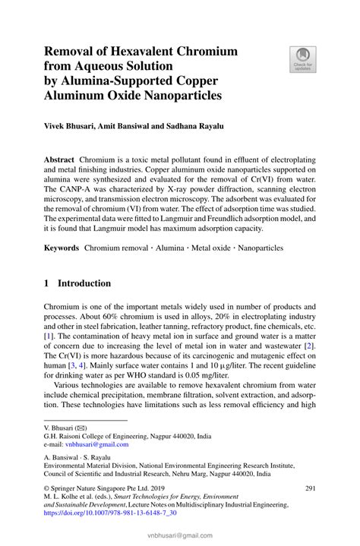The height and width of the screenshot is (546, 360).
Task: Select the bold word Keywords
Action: pyautogui.click(x=62, y=248)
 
